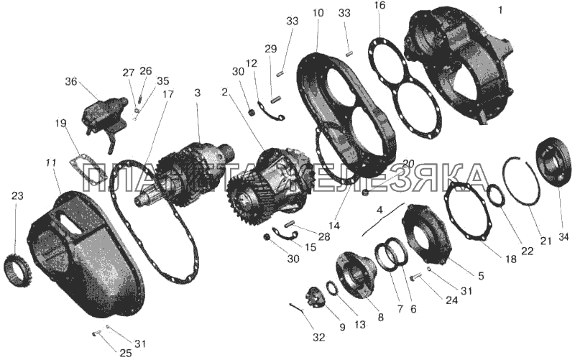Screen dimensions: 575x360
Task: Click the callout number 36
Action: coord(71,81)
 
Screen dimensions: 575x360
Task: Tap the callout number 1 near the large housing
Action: coord(500,11)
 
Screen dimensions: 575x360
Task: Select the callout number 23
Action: coord(17,195)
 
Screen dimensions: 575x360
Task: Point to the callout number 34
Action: coord(563,237)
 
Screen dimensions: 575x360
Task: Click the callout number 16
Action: coord(380,5)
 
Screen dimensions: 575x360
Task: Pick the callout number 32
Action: coord(318,337)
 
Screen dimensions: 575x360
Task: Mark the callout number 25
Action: coord(125,353)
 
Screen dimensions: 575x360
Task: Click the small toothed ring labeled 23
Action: coord(14,268)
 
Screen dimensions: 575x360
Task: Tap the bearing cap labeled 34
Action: coord(553,164)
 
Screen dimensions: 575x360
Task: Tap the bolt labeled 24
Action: coord(414,278)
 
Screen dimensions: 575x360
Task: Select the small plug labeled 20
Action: coord(365,192)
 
